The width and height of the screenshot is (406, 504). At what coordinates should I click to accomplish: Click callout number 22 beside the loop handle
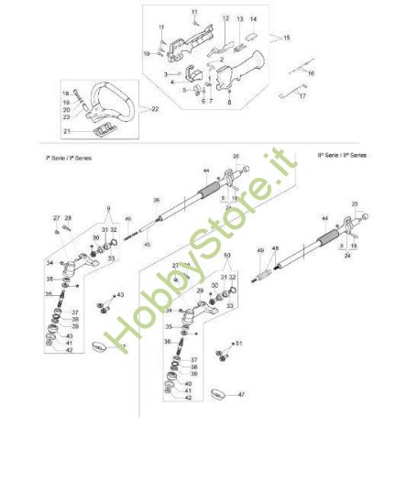[x=154, y=109]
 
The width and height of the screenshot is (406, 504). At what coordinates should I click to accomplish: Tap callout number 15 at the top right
[x=287, y=38]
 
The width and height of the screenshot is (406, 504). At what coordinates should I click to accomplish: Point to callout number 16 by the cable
[x=310, y=71]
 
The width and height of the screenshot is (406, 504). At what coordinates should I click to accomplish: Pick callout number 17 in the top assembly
[x=304, y=94]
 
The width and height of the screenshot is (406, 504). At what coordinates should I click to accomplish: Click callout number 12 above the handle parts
[x=225, y=18]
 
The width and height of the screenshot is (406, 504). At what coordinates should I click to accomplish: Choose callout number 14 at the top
[x=254, y=18]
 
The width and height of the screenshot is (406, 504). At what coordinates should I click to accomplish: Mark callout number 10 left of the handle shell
[x=146, y=53]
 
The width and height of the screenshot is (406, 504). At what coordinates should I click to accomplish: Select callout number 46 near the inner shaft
[x=128, y=218]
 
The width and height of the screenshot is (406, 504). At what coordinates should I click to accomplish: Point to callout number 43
[x=120, y=295]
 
